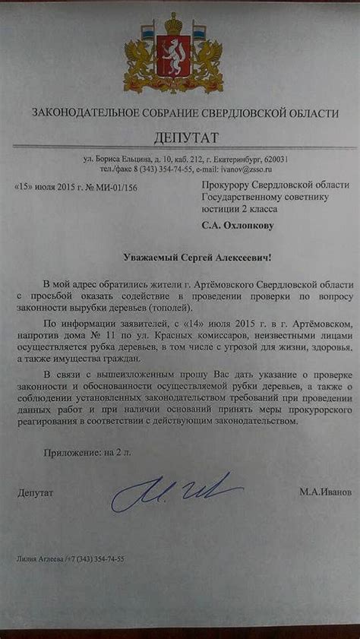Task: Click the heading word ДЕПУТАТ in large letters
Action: tap(185, 138)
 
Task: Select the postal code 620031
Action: tap(272, 158)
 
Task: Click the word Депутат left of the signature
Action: tap(35, 493)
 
